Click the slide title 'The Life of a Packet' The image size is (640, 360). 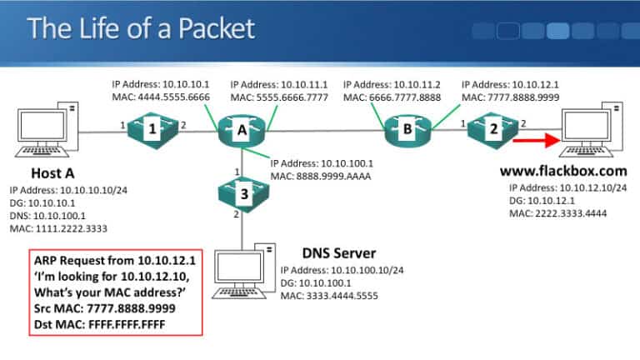point(140,29)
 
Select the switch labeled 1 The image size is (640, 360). point(152,130)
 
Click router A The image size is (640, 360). point(242,130)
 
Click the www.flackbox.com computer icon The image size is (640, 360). point(593,130)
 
